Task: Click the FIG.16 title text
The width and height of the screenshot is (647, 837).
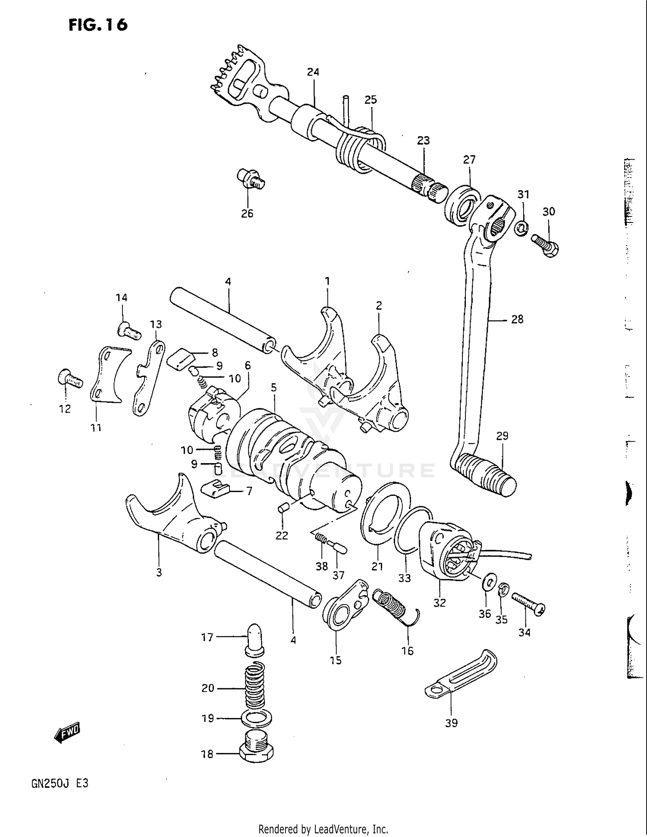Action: pos(98,25)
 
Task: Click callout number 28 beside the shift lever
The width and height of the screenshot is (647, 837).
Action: pos(517,320)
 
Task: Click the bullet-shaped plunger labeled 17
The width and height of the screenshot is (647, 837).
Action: pos(254,638)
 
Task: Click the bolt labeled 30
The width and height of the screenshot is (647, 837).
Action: pos(546,245)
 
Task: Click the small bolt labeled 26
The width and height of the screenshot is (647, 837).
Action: pos(250,179)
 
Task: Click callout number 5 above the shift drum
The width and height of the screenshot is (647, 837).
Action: pos(274,388)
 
